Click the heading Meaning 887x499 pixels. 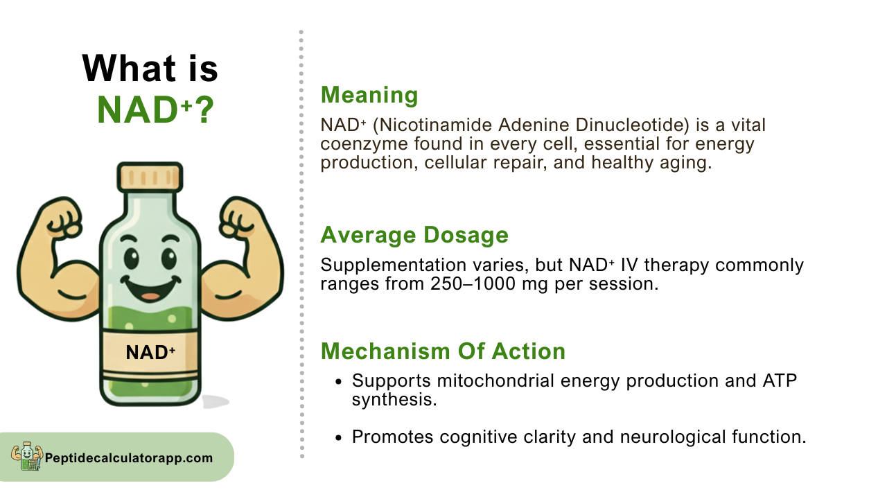(369, 95)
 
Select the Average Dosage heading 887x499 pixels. (414, 235)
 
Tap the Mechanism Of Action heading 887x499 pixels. (443, 351)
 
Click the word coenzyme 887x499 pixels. (364, 145)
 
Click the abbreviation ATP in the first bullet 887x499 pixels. (780, 380)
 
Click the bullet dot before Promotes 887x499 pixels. (337, 438)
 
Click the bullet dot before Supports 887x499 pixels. (337, 382)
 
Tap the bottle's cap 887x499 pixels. (150, 176)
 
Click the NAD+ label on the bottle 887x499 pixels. (150, 352)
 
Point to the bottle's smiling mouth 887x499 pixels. (150, 289)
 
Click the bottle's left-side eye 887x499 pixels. (131, 259)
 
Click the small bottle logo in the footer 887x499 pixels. (27, 456)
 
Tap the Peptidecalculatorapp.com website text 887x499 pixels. (129, 458)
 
